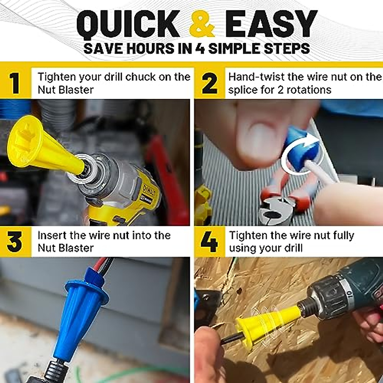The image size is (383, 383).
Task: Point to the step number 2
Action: pos(209,83)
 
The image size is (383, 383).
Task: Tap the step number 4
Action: pos(209,242)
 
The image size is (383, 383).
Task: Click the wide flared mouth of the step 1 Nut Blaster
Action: pos(24,140)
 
